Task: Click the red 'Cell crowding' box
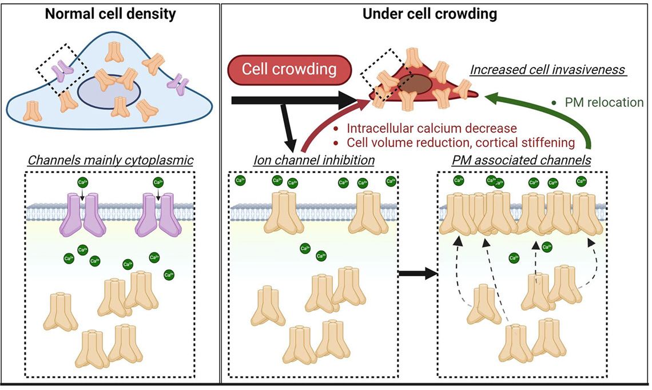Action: pyautogui.click(x=289, y=70)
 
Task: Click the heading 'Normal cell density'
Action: pyautogui.click(x=110, y=14)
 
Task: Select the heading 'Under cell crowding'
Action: pyautogui.click(x=430, y=14)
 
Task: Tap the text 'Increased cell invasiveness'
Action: pyautogui.click(x=547, y=71)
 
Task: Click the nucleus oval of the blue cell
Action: pyautogui.click(x=110, y=92)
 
